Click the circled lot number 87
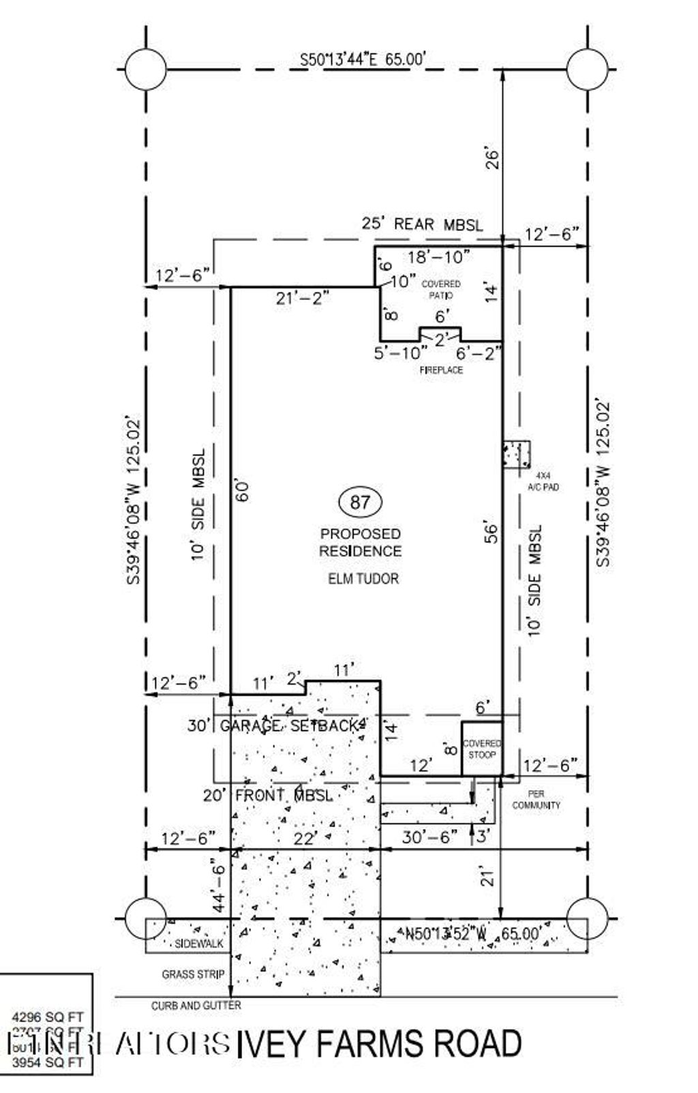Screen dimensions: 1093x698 pos(360,503)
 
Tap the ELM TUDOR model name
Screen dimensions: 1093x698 pos(363,579)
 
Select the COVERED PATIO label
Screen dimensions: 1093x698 pos(441,290)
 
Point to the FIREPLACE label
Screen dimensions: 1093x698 pos(441,370)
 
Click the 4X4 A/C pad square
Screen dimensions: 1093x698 pos(517,455)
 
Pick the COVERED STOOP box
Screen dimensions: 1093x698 pos(482,749)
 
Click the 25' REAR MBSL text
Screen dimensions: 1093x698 pos(422,224)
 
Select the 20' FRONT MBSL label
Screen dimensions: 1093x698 pos(268,795)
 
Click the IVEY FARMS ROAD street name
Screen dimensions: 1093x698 pos(379,1044)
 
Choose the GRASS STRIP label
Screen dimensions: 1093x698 pos(193,974)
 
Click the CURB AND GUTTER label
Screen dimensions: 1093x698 pos(196,1005)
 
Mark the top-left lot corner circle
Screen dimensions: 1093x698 pos(145,70)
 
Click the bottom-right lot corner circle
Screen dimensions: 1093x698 pos(587,918)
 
